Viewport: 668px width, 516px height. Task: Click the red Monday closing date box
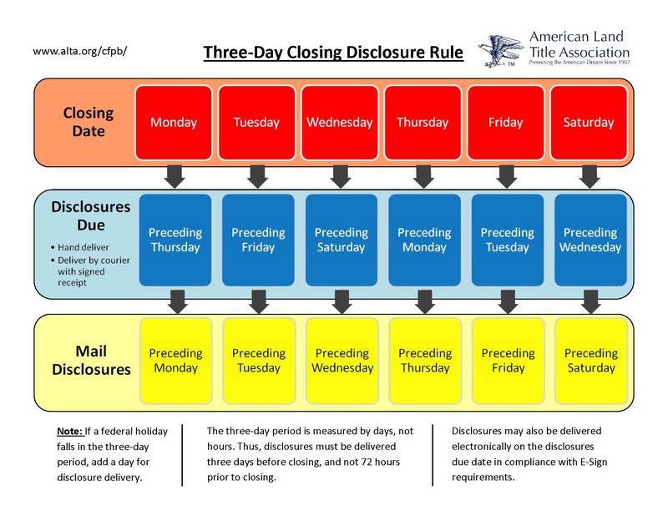174,122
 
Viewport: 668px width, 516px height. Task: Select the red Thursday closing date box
423,122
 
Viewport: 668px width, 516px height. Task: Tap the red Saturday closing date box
589,122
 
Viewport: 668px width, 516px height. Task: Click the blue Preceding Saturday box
341,240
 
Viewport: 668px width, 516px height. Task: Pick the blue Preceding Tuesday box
507,240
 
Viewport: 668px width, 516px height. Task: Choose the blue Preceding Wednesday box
590,240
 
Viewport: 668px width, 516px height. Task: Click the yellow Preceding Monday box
175,361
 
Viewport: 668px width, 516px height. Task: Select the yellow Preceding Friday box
508,361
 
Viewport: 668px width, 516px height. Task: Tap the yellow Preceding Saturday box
591,361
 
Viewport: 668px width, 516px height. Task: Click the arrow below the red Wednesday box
340,175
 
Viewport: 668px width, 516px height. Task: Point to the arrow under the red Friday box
506,175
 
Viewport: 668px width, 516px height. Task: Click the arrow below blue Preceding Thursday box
175,301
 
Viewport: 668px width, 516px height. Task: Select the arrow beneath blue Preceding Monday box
424,301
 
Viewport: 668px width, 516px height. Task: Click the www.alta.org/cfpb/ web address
80,51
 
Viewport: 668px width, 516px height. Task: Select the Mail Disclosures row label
92,360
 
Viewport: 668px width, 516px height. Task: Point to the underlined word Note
71,432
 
